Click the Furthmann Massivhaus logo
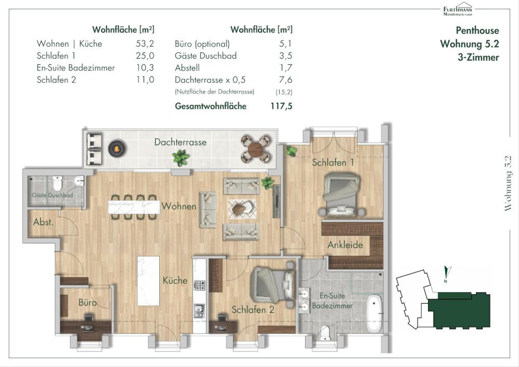pyautogui.click(x=458, y=9)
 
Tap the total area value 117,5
pyautogui.click(x=281, y=106)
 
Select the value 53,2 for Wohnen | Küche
pyautogui.click(x=145, y=44)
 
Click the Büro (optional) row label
pyautogui.click(x=202, y=44)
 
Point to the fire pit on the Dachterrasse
pyautogui.click(x=117, y=148)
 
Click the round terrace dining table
pyautogui.click(x=256, y=148)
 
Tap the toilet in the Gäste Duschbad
pyautogui.click(x=57, y=183)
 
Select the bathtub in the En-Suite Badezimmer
pyautogui.click(x=374, y=313)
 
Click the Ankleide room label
pyautogui.click(x=345, y=245)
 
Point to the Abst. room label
pyautogui.click(x=43, y=222)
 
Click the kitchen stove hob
pyautogui.click(x=199, y=285)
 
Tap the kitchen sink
pyautogui.click(x=199, y=310)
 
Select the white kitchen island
pyautogui.click(x=148, y=281)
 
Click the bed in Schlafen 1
pyautogui.click(x=341, y=194)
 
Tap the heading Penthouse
pyautogui.click(x=477, y=30)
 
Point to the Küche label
pyautogui.click(x=175, y=280)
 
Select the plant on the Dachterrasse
pyautogui.click(x=181, y=158)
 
